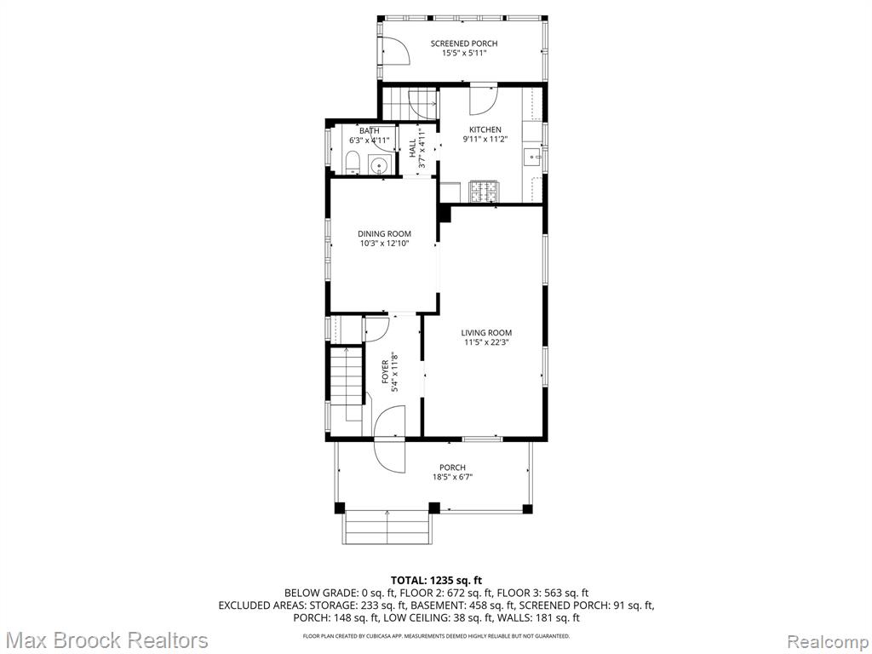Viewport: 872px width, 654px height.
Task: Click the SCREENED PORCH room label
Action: [x=464, y=43]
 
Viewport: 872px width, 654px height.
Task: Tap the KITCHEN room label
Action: [x=485, y=129]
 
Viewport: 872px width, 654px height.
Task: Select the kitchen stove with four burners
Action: [x=484, y=192]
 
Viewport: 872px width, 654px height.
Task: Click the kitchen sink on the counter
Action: [x=534, y=157]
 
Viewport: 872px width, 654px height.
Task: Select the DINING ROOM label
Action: [x=384, y=234]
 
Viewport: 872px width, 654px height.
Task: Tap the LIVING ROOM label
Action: [x=486, y=333]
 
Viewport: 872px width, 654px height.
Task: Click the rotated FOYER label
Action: [x=386, y=371]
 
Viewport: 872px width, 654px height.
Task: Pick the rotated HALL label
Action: [x=412, y=147]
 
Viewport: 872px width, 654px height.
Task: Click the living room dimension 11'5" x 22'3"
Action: [x=486, y=342]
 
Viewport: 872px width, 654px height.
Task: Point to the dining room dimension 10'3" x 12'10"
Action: [x=384, y=243]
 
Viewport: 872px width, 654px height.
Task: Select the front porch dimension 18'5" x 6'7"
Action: [x=452, y=477]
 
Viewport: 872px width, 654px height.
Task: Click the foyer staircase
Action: [x=347, y=384]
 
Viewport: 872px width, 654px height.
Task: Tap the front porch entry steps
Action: [x=387, y=527]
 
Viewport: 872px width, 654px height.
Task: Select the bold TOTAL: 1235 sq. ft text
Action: [x=436, y=581]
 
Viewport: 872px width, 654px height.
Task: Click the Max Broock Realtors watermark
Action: [x=105, y=640]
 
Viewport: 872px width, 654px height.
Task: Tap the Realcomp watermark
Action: [x=828, y=641]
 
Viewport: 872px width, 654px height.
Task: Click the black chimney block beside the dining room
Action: [x=444, y=214]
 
